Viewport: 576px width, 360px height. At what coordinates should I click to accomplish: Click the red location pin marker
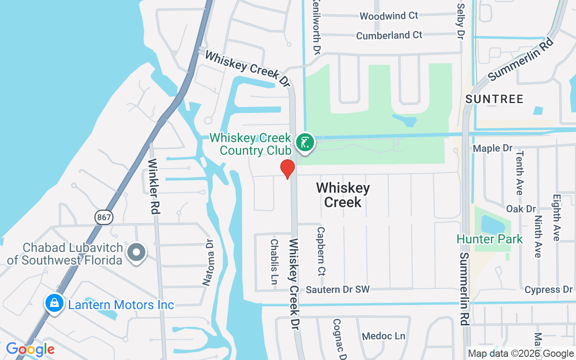(287, 169)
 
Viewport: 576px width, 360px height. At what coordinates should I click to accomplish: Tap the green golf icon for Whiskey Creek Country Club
(305, 143)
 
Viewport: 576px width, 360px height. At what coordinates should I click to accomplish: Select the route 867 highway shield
(104, 217)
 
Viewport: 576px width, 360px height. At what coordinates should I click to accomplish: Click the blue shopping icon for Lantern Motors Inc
(54, 303)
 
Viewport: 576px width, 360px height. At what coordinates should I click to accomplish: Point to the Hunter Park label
(490, 239)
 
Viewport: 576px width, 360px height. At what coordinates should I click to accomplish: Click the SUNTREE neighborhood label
(495, 99)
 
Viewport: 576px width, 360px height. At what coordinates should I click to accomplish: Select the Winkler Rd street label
(154, 186)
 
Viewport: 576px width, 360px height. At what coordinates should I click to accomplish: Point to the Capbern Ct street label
(321, 250)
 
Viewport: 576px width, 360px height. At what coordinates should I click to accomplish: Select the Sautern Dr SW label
(337, 289)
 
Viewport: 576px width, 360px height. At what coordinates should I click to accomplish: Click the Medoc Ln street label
(383, 336)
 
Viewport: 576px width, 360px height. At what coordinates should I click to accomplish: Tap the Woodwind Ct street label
(389, 16)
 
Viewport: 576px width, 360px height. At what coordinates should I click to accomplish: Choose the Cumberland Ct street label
(389, 35)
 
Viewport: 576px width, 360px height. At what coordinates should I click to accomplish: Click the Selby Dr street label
(460, 20)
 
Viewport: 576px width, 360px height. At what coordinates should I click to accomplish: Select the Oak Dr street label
(521, 209)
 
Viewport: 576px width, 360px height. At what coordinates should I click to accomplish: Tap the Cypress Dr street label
(548, 289)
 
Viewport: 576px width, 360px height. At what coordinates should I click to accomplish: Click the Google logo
(30, 349)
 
